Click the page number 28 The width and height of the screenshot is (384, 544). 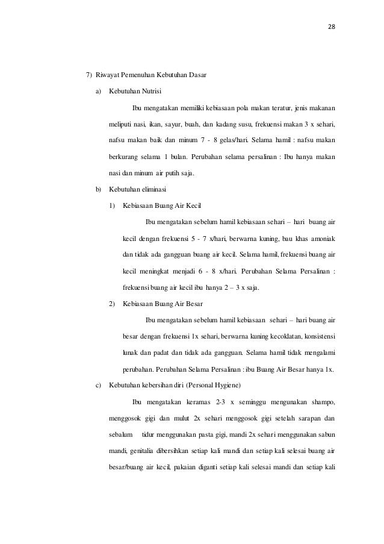pyautogui.click(x=331, y=28)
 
